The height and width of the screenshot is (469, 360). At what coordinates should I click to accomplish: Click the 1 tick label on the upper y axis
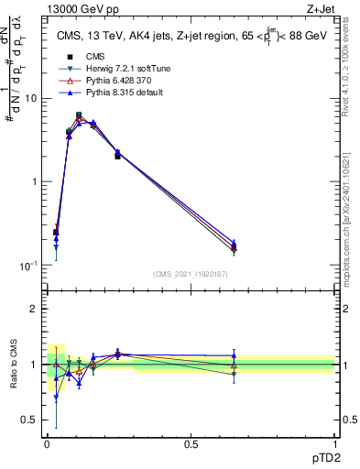click(36, 181)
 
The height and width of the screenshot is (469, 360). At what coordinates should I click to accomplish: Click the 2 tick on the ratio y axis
click(36, 309)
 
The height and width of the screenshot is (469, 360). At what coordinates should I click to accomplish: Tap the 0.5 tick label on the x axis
click(191, 444)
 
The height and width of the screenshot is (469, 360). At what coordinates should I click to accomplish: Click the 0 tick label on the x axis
click(47, 444)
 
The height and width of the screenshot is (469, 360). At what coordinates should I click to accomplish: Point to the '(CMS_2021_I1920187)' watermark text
click(191, 274)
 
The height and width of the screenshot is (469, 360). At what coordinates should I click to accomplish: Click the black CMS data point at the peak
click(79, 115)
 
